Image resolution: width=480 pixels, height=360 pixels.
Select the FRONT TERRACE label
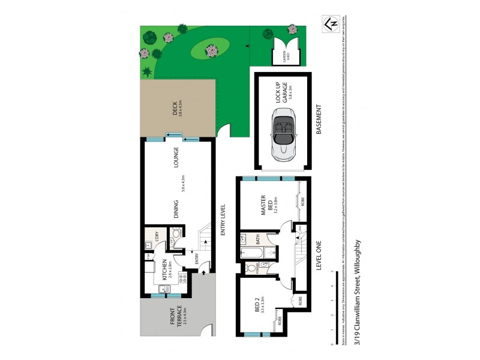[175, 316]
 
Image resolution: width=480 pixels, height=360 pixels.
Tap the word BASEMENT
[319, 120]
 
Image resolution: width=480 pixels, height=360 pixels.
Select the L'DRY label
[155, 236]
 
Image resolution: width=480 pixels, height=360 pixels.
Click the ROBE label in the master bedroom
[302, 201]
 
